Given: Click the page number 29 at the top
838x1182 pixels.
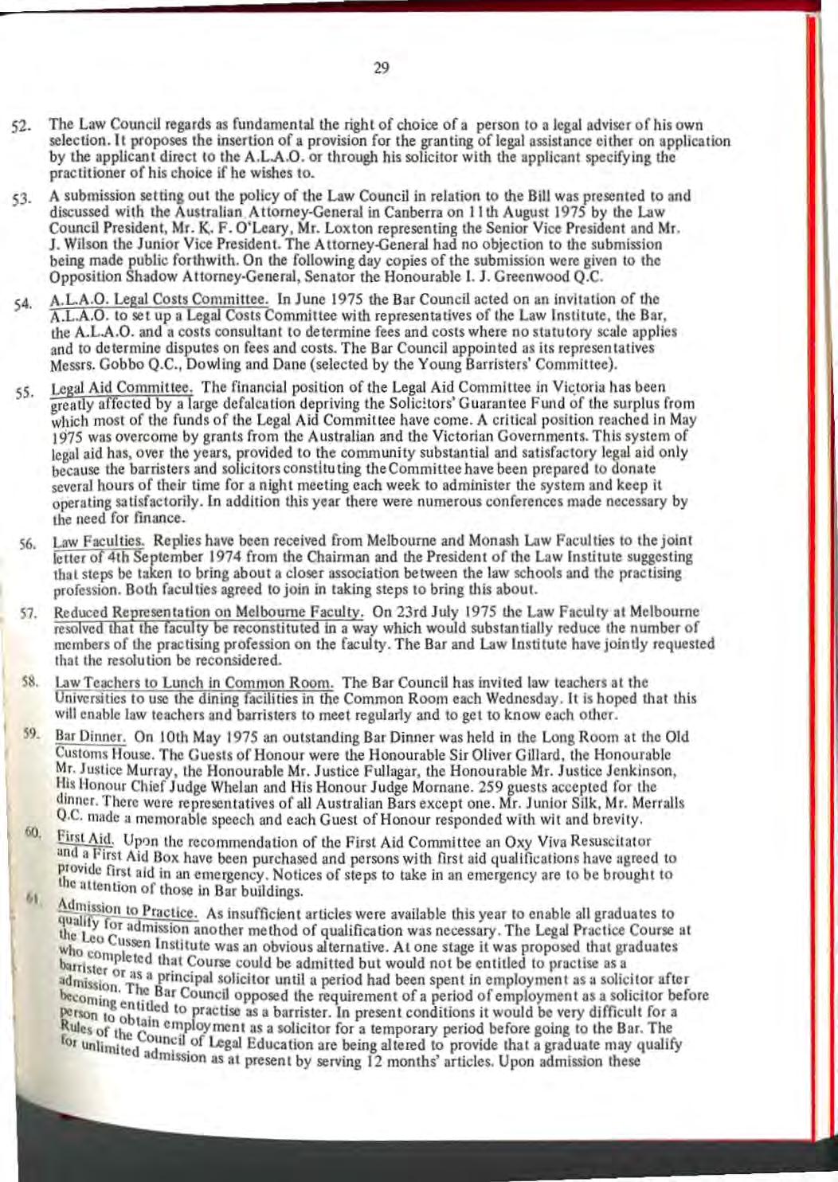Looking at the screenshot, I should pos(381,68).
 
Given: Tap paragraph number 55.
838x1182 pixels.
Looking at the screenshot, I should pos(23,392).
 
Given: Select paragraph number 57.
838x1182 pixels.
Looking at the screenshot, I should pos(26,616).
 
